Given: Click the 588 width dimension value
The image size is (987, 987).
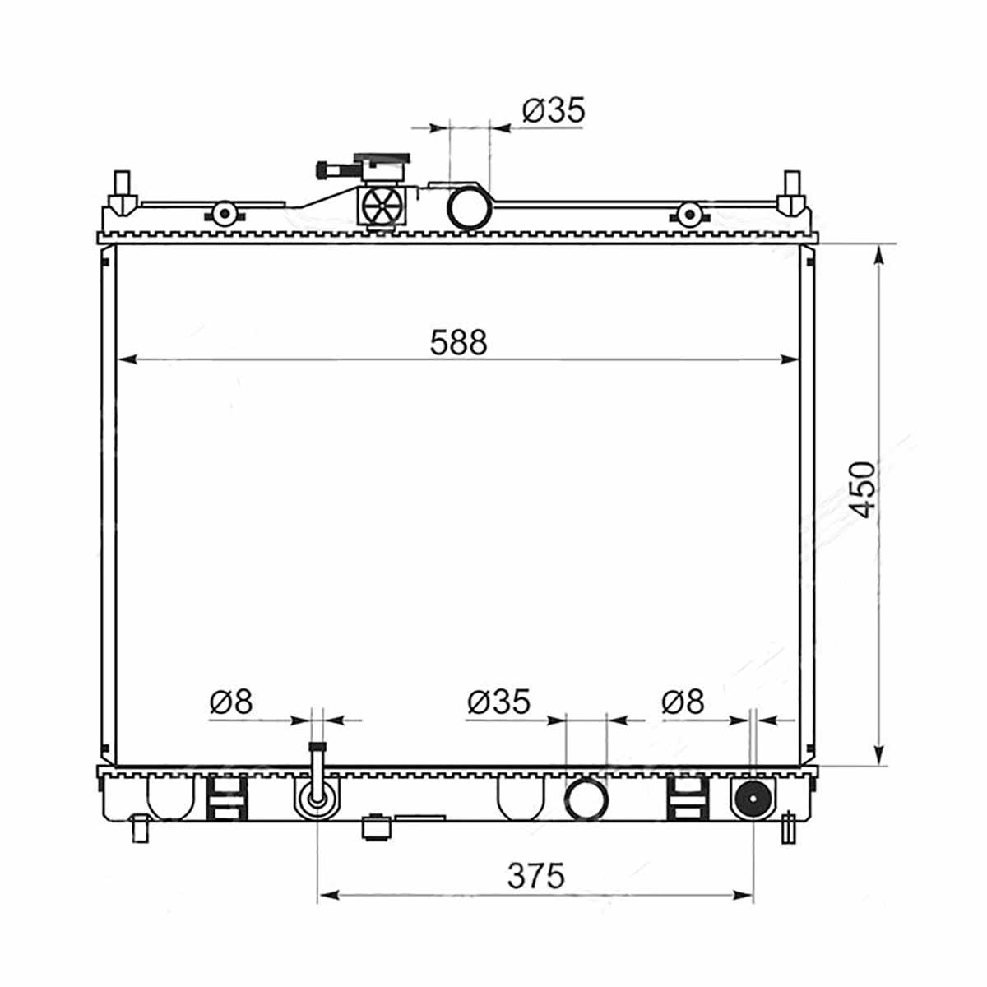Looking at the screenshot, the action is (458, 343).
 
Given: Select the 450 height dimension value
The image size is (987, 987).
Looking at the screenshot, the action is (862, 490).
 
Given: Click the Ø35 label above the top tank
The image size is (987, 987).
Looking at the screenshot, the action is (554, 109).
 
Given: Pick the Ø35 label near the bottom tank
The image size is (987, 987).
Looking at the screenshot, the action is (499, 702).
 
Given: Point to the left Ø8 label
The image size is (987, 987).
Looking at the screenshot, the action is (231, 702).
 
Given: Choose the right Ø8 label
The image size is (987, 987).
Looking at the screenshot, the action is (683, 702).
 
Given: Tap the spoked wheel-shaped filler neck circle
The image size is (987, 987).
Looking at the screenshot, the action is (382, 206).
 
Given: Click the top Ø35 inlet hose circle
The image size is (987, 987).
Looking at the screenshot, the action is (468, 208).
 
